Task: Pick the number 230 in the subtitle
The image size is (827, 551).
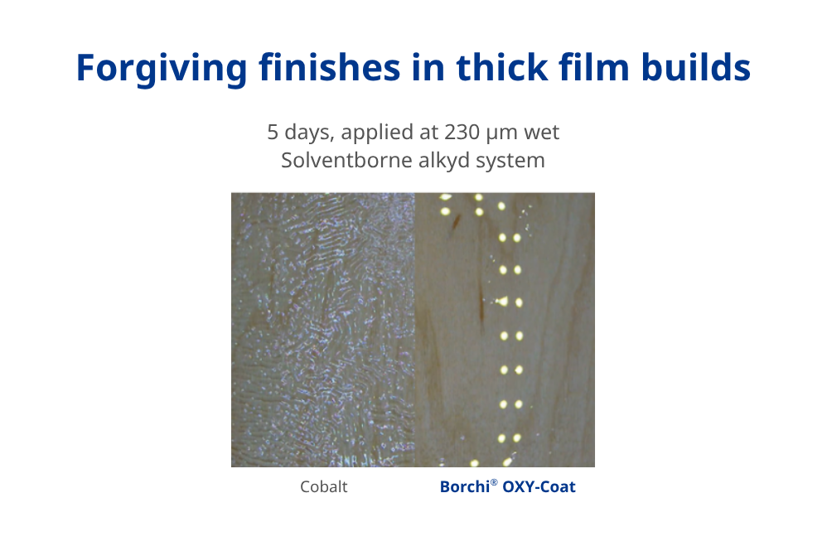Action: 461,132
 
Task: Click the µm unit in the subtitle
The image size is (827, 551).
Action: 504,133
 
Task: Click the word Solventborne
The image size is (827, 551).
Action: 336,160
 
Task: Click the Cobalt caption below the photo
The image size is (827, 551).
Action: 324,487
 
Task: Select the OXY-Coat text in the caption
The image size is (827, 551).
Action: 539,487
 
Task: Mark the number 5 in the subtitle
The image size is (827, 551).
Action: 273,132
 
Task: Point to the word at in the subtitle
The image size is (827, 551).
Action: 425,132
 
